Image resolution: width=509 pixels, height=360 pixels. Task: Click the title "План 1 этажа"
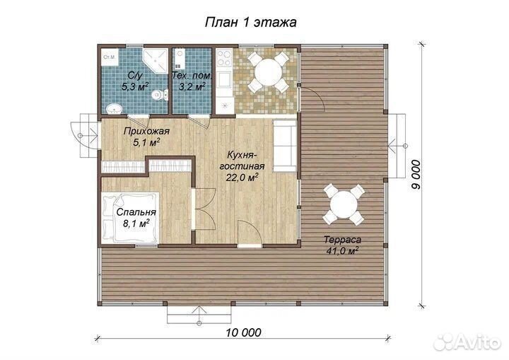tap(250, 23)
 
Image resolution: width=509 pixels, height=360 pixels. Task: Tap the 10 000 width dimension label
tap(244, 332)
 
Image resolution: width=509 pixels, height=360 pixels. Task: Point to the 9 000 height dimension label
tap(416, 175)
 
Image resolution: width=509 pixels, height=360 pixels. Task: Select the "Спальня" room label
tap(136, 212)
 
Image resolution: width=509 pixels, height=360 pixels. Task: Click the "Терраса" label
tap(342, 240)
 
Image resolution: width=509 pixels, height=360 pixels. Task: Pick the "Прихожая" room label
tap(146, 132)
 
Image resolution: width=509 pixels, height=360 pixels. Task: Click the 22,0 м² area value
tap(242, 178)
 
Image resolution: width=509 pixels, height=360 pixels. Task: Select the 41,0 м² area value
tap(342, 251)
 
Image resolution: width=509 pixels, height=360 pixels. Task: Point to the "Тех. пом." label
tap(192, 76)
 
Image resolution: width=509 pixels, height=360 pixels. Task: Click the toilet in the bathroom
tap(159, 94)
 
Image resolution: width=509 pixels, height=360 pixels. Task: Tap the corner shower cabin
tap(155, 60)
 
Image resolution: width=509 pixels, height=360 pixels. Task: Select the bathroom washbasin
tap(113, 108)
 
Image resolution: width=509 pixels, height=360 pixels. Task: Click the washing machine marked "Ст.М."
tap(109, 57)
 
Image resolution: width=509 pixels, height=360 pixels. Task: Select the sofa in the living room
tap(285, 146)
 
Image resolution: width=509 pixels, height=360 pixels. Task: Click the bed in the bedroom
tap(131, 217)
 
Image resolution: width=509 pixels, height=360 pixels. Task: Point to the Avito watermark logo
tap(467, 342)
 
